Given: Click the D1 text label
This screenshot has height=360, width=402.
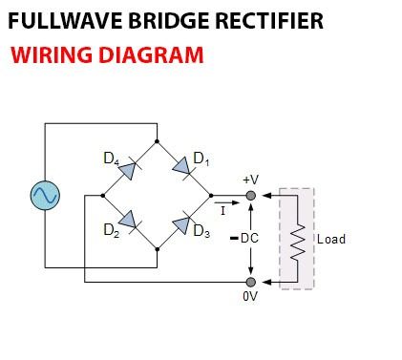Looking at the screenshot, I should click(200, 157).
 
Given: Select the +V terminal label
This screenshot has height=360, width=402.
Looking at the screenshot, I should click(250, 180).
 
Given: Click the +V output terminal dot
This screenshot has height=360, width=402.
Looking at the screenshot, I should click(250, 195).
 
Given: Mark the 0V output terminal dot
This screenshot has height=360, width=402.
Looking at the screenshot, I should click(250, 283).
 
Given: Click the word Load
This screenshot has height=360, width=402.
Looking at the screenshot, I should click(330, 239).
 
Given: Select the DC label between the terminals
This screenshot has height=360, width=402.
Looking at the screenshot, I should click(248, 238).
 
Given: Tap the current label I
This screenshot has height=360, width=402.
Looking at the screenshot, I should click(222, 210).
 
